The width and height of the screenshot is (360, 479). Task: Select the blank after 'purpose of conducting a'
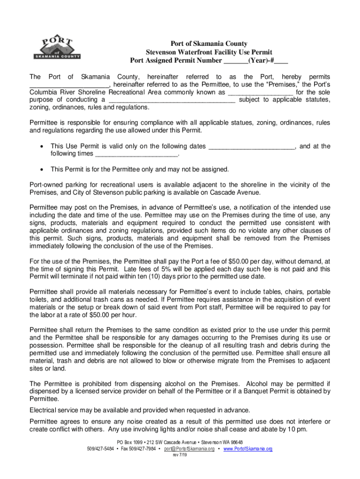click(x=172, y=100)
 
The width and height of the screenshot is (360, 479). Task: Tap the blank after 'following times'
click(x=137, y=154)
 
